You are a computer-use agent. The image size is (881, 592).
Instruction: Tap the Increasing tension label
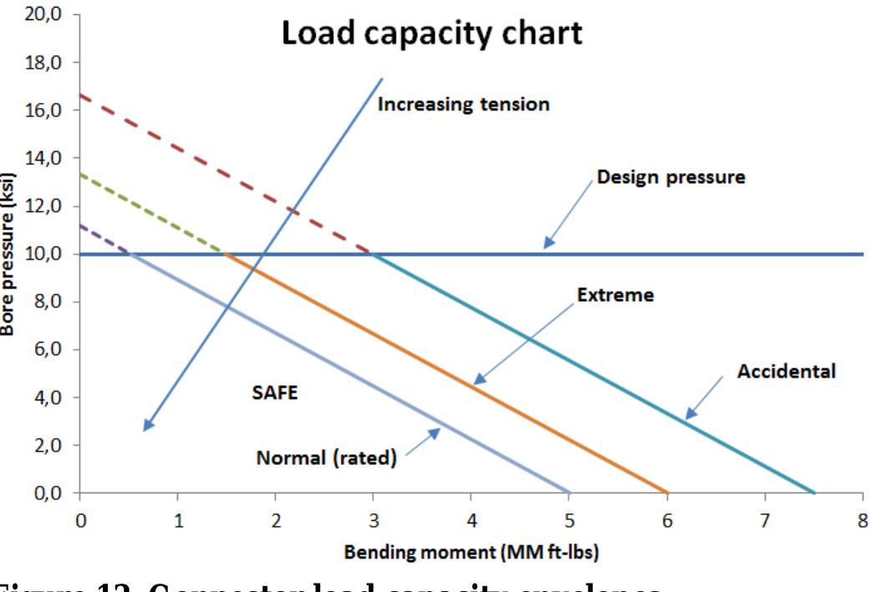464,105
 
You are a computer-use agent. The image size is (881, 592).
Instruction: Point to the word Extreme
615,296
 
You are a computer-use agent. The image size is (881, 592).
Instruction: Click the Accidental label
786,371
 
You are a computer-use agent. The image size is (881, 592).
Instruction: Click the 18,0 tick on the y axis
38,63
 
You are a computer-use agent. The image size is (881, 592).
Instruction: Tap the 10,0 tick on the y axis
38,254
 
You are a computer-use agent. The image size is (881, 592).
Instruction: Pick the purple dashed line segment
104,237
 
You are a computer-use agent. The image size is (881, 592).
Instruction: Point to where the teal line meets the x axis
814,492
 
